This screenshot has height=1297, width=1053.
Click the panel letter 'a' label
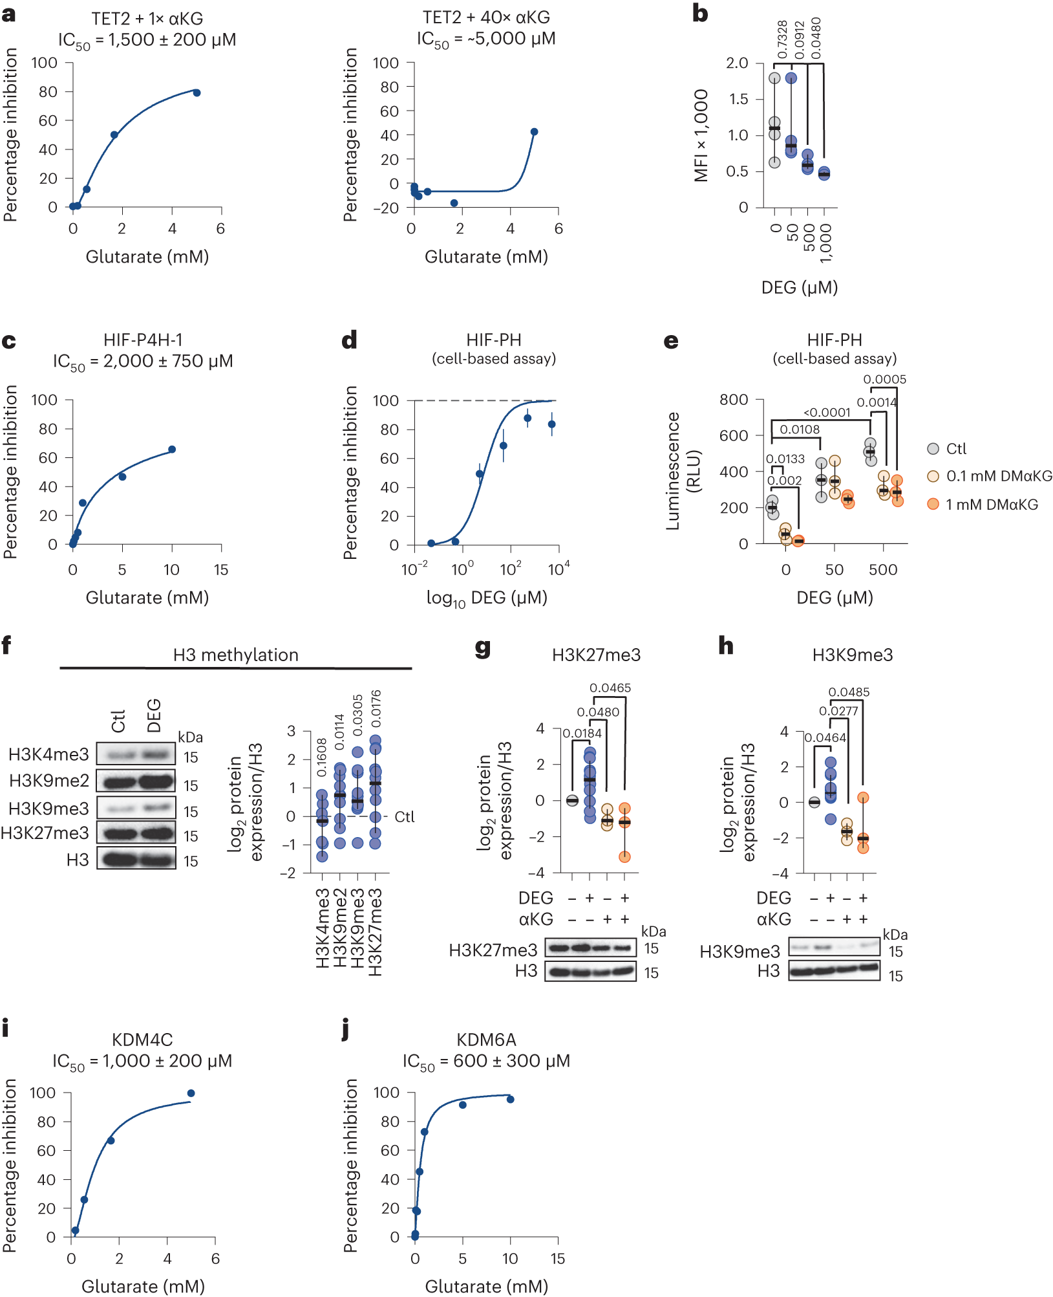tap(8, 14)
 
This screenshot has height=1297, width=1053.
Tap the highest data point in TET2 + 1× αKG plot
tap(197, 93)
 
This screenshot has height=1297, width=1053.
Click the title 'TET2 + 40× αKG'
tap(486, 17)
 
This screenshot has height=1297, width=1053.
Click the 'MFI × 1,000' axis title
tap(701, 135)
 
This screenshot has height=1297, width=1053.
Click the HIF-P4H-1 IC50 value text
tap(143, 361)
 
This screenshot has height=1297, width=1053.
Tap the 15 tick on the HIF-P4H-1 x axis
tap(221, 570)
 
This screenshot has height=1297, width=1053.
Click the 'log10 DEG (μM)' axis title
tap(486, 598)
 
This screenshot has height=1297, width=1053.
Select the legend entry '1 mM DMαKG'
tap(992, 505)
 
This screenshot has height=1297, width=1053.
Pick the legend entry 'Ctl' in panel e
tap(956, 449)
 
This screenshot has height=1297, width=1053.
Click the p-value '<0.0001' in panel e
tap(827, 412)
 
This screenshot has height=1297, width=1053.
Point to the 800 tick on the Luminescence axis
tap(734, 400)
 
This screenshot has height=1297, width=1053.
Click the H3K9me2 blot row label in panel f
tap(49, 781)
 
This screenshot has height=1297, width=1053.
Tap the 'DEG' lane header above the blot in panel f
tap(154, 715)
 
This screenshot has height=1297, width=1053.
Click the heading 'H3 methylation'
tap(236, 655)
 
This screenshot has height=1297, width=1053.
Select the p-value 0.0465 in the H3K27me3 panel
tap(610, 688)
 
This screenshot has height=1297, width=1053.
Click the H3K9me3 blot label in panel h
tap(739, 952)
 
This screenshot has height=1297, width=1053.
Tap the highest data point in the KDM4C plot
tap(191, 1093)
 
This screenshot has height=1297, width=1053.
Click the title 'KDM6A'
tap(486, 1040)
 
